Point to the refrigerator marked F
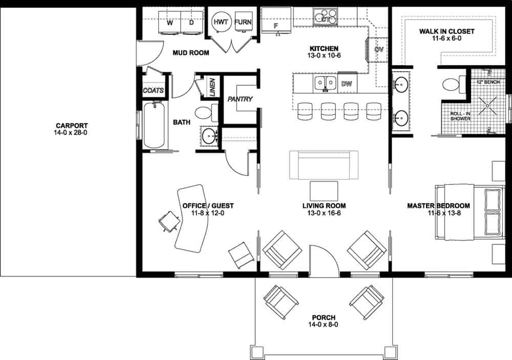coord(276,24)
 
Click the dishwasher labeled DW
coord(346,83)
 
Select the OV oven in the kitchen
coord(379,50)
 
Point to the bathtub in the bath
coord(154,124)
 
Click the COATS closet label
coord(154,91)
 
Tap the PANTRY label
coord(240,99)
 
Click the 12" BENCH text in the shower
coord(488,82)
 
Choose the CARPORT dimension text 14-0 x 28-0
coord(72,133)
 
